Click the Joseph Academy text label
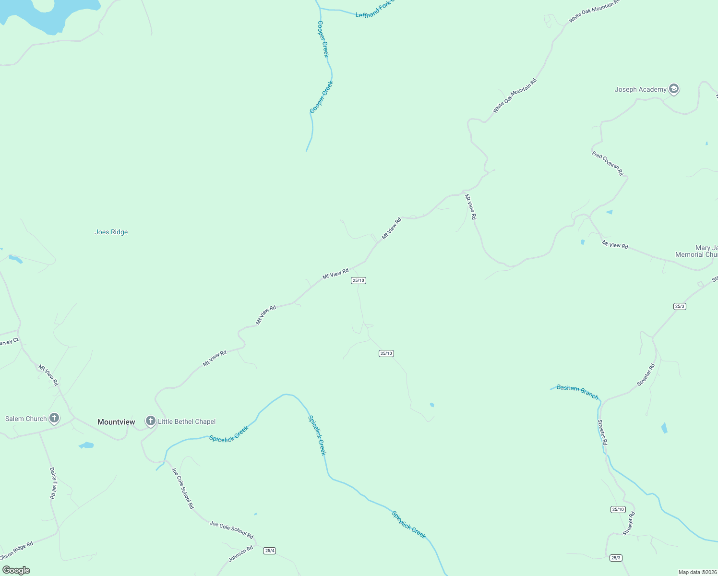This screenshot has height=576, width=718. pos(640,89)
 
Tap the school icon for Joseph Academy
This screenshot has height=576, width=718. pos(674,89)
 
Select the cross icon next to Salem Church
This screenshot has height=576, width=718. pos(54,418)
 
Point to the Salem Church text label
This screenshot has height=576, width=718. pos(26,419)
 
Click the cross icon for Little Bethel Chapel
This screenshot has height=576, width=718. pos(151,421)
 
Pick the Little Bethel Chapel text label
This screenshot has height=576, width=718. pos(187,421)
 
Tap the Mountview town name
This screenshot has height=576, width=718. pos(116,422)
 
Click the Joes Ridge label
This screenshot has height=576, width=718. pos(111,232)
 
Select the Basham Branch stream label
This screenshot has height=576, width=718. pos(577,392)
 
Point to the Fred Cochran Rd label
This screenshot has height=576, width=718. pos(607,163)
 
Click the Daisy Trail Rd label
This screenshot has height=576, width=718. pos(53,483)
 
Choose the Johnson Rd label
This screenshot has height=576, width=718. pos(240,554)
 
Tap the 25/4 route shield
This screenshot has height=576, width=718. pos(270,551)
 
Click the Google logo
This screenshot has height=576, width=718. pos(16,570)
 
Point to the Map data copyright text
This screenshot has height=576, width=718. pos(697,572)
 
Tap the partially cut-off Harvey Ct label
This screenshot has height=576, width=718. pos(9,342)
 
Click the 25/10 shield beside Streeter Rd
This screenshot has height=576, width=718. pos(618,509)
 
